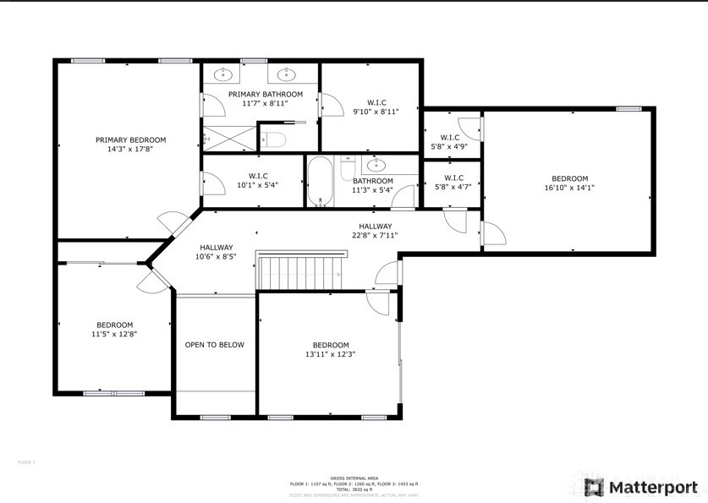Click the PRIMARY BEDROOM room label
tap(130, 139)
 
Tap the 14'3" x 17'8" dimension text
tap(130, 149)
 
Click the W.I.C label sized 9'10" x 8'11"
tap(376, 101)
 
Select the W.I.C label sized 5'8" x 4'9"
tap(450, 137)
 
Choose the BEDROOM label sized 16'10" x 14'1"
tap(569, 178)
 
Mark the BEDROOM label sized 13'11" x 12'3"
tap(330, 345)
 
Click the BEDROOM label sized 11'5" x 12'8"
tap(114, 325)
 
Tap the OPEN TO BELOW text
tap(215, 345)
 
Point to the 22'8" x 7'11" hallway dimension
tap(375, 236)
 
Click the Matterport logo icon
tap(595, 488)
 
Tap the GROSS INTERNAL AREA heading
tap(354, 478)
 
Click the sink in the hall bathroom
tap(377, 164)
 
